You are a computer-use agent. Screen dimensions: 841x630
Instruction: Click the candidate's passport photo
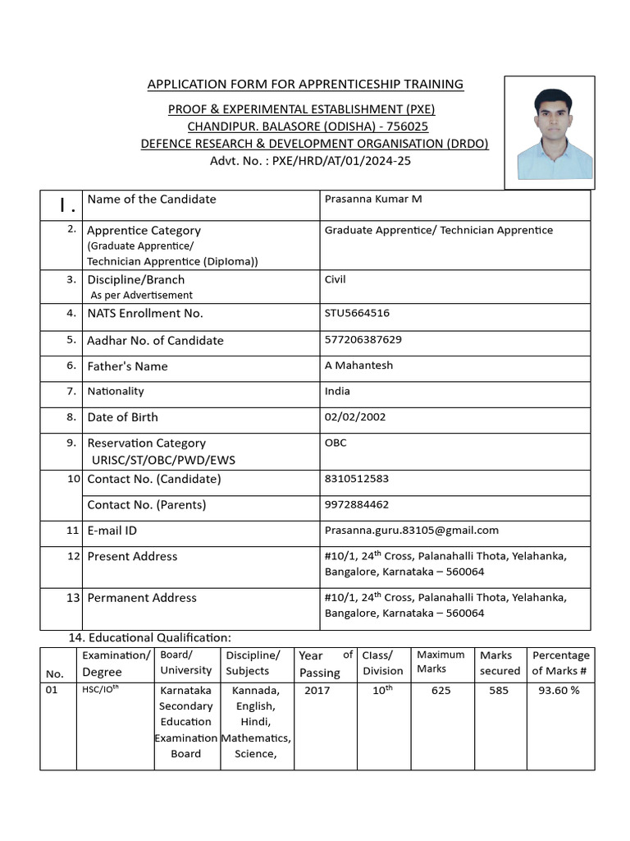point(549,134)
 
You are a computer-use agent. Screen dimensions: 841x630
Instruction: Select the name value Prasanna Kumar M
point(373,199)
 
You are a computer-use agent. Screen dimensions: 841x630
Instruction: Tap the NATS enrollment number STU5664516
point(357,313)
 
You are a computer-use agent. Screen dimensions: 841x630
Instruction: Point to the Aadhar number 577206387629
point(363,339)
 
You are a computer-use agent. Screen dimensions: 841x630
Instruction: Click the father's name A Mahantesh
point(358,365)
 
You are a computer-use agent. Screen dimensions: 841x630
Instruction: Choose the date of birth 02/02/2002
point(355,416)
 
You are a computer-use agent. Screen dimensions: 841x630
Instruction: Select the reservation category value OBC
point(336,443)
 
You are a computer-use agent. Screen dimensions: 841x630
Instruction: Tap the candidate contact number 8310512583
point(357,478)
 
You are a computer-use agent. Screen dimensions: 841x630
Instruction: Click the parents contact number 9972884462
point(357,504)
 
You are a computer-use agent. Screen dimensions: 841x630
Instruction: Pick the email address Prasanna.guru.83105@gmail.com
point(412,531)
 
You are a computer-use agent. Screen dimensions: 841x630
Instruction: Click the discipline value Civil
point(336,279)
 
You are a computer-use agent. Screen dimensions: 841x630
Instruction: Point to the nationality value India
point(337,391)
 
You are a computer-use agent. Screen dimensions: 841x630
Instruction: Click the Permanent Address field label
point(142,598)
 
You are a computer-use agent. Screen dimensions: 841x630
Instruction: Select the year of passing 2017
point(317,691)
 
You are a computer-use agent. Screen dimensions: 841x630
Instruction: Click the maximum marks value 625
point(441,691)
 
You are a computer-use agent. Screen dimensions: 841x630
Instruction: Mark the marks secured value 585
point(499,691)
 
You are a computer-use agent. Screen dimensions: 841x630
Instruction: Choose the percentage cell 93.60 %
point(559,691)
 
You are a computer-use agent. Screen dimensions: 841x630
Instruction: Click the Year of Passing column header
point(326,664)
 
